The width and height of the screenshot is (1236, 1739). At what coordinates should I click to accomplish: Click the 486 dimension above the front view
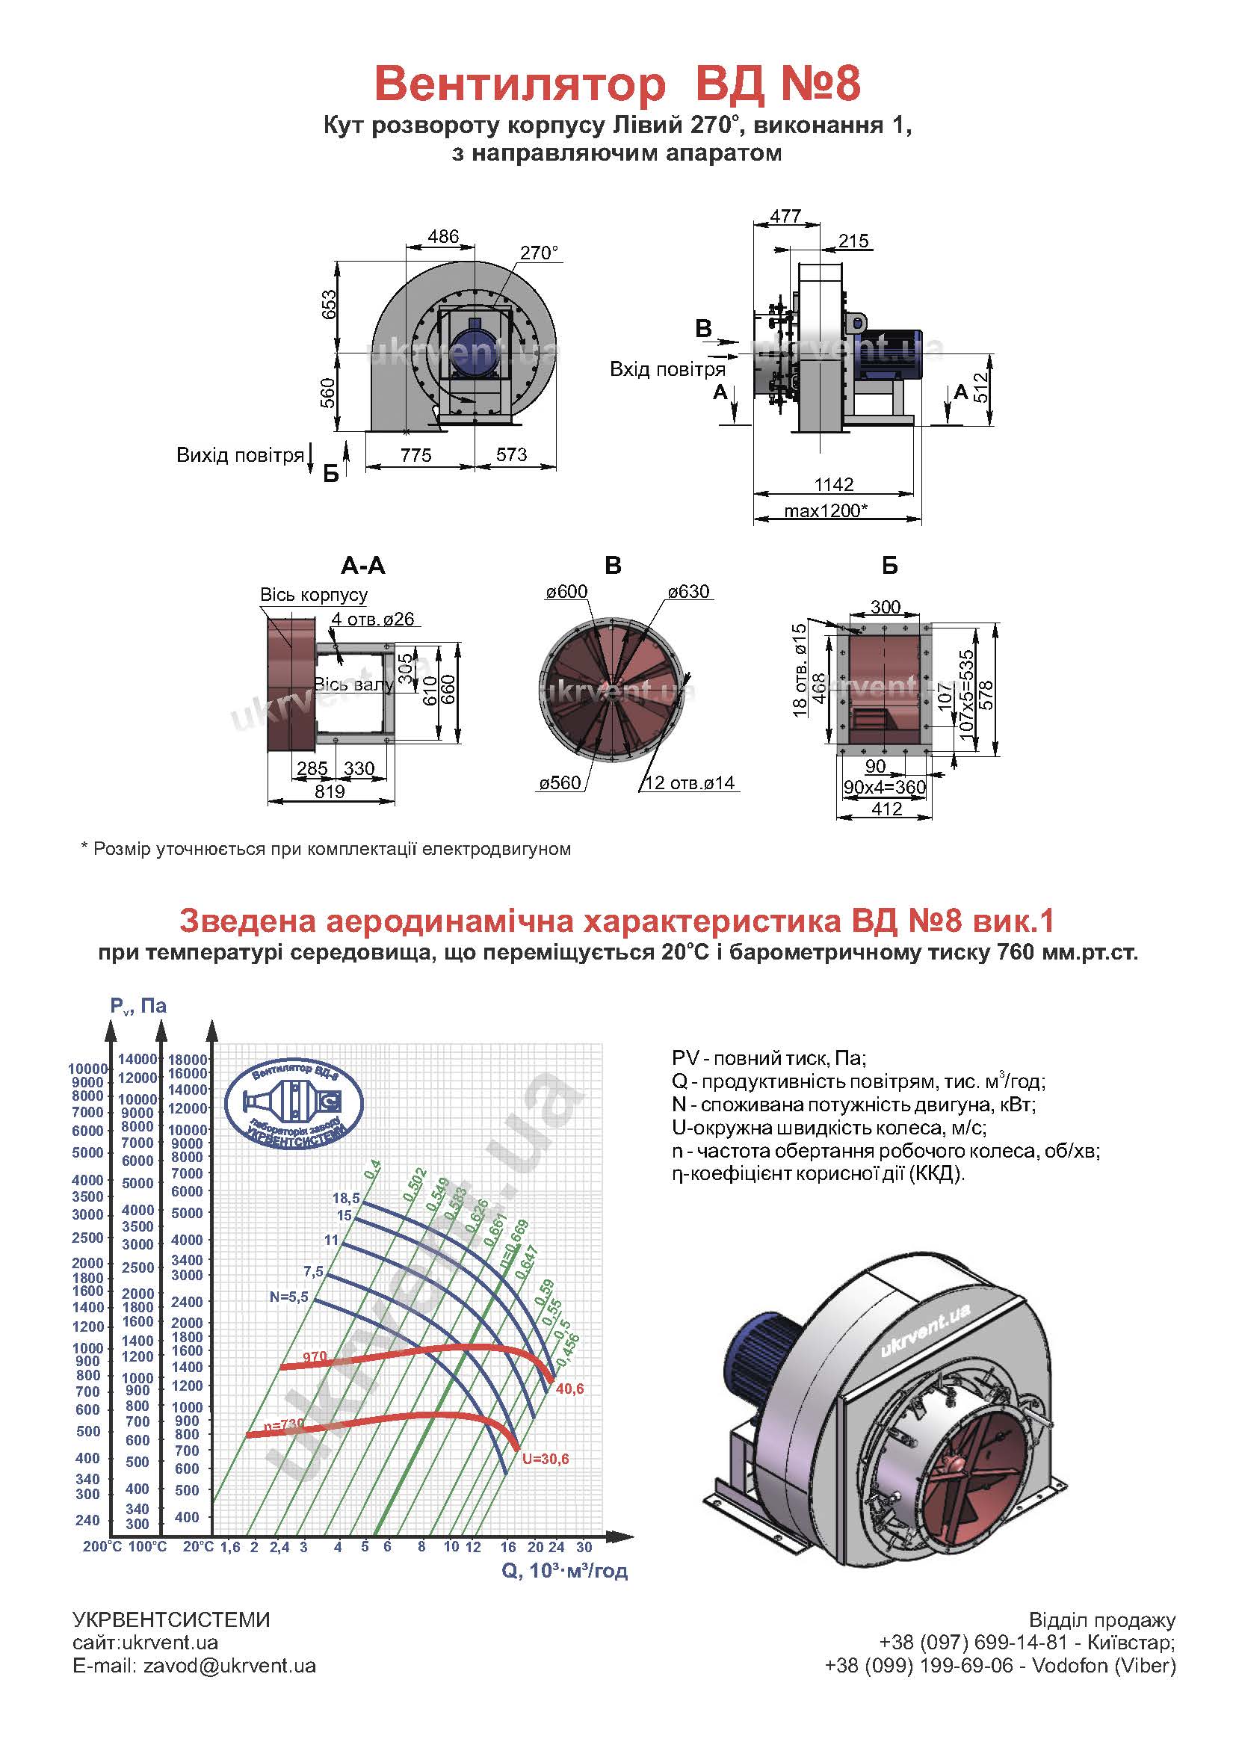coord(443,236)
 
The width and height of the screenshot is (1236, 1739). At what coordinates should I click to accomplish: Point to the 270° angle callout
coord(540,252)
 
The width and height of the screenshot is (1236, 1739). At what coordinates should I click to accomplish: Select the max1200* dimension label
coord(826,510)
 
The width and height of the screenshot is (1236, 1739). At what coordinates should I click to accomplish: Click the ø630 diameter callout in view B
coord(689,591)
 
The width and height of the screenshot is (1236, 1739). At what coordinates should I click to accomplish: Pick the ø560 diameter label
coord(560,782)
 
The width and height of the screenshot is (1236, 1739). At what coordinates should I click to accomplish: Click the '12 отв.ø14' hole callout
coord(690,782)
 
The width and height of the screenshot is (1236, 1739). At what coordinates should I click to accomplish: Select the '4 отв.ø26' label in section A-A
coord(373,619)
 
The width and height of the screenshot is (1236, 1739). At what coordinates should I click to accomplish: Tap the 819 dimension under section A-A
coord(330,791)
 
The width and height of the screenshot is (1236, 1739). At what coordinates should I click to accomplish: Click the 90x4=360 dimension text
coord(884,787)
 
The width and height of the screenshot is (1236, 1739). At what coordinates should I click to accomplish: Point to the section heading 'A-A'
coord(363,566)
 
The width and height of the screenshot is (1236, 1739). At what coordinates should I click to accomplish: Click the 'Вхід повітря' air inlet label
coord(667,369)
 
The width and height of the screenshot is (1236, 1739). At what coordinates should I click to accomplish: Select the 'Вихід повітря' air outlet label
coord(241,455)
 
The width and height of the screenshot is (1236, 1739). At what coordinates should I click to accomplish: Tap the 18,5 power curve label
coord(346,1198)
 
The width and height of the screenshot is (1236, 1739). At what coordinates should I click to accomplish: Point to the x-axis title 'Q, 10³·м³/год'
coord(565,1570)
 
